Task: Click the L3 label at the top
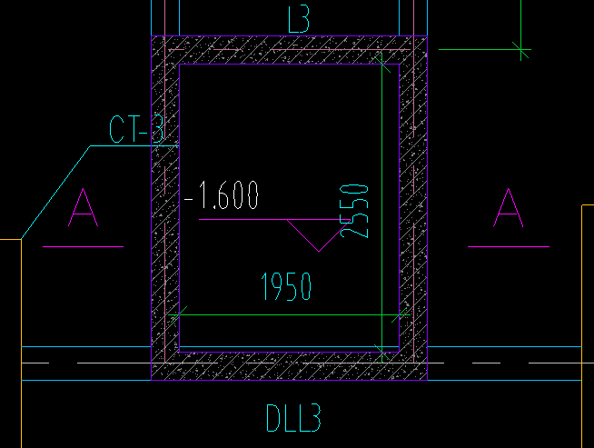pos(299,19)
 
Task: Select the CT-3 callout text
pos(136,131)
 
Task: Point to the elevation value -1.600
pos(223,195)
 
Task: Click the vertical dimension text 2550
pos(356,210)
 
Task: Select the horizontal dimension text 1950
pos(286,287)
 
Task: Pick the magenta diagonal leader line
pos(303,235)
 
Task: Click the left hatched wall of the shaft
pos(165,209)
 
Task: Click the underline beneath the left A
pos(82,246)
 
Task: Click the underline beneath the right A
pos(508,246)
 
